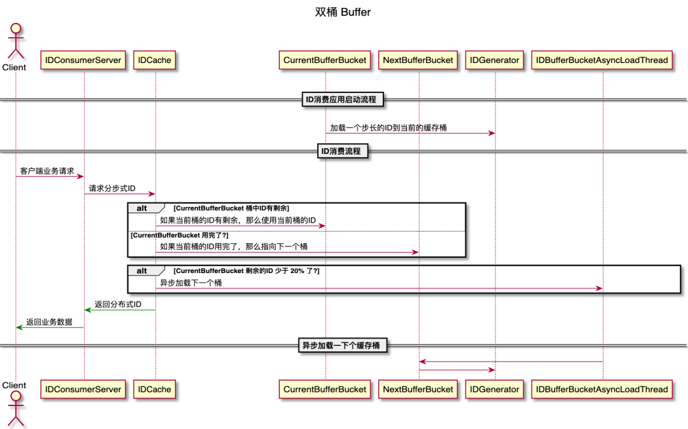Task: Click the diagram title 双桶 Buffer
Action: [343, 12]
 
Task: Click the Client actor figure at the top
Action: [15, 42]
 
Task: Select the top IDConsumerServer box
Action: [83, 60]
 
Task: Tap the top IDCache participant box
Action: [155, 60]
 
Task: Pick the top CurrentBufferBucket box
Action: [325, 60]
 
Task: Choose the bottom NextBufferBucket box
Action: [418, 389]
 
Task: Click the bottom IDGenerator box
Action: [494, 389]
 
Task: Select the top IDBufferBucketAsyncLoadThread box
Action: [602, 60]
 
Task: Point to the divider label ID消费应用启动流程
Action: [343, 99]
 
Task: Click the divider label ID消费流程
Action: [343, 151]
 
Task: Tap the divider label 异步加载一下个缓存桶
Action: [343, 346]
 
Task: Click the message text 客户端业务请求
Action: [47, 171]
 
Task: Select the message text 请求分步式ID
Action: [112, 188]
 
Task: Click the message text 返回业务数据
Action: [49, 322]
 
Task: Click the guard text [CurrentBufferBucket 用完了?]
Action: [179, 235]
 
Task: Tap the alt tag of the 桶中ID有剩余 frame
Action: [142, 208]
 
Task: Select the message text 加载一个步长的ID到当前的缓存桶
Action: [388, 128]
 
